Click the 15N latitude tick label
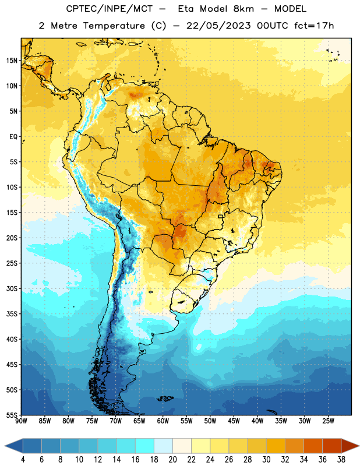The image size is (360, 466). [12, 61]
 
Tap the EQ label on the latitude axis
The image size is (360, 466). [13, 137]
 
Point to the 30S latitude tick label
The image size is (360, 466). [12, 288]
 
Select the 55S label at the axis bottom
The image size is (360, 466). [12, 415]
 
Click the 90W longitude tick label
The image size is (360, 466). [21, 421]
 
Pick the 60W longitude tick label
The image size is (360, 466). [163, 421]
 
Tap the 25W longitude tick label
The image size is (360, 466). [328, 421]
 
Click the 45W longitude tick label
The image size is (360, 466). [234, 421]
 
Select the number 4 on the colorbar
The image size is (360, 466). [23, 460]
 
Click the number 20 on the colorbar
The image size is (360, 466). [172, 460]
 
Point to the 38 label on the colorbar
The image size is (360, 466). [341, 460]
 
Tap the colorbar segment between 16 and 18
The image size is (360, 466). [145, 446]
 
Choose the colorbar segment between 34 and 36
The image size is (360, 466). [313, 446]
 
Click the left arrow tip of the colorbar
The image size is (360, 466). [5, 446]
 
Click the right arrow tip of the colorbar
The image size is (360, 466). [359, 446]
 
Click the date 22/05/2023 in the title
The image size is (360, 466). [218, 26]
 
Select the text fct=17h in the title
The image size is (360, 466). [314, 26]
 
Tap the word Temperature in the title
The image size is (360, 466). [114, 26]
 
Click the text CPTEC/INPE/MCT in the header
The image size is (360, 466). [110, 9]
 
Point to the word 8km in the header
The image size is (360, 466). [243, 9]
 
